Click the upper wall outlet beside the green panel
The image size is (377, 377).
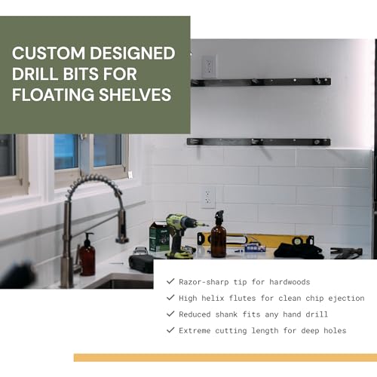tap(208, 66)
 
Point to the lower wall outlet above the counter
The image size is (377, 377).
tap(208, 198)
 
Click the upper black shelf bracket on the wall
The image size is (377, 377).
tap(260, 81)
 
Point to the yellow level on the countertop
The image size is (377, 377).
tap(256, 240)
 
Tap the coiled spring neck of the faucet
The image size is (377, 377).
tap(90, 188)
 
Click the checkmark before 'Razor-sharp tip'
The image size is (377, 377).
tap(170, 282)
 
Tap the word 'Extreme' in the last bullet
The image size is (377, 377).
tap(199, 330)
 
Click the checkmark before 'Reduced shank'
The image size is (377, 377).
tap(170, 314)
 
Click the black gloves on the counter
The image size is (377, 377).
tap(299, 250)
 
